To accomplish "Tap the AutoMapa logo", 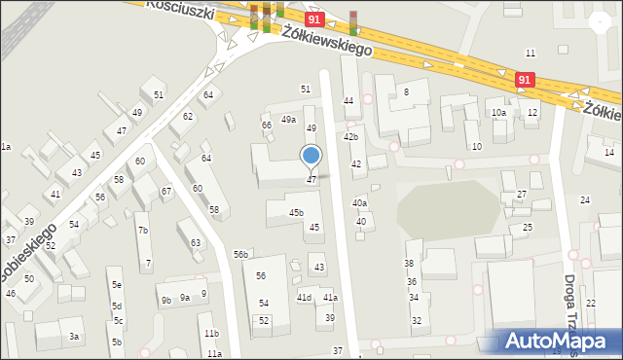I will [561, 341].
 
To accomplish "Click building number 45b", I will [296, 212].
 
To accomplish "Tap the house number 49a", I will [288, 120].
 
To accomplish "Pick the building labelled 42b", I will [350, 137].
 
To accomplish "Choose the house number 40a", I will [360, 202].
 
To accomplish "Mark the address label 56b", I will [240, 254].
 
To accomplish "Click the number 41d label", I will [304, 297].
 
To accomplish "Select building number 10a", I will [498, 113].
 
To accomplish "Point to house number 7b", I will [143, 231].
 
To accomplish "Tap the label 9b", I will [166, 300].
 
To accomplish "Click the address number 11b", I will [211, 334].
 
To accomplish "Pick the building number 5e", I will [116, 285].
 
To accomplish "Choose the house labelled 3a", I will [73, 337].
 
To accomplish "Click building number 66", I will [266, 125].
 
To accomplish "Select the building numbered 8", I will [406, 91].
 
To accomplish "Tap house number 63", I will [196, 243].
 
